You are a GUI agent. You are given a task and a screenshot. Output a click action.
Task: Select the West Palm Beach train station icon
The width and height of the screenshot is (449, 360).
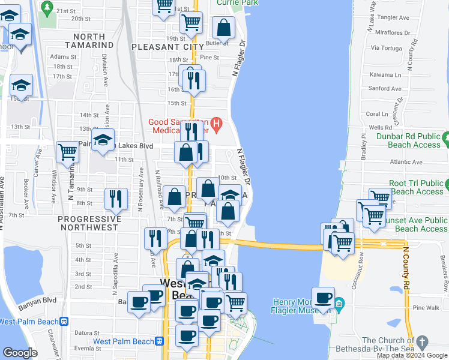(160, 341)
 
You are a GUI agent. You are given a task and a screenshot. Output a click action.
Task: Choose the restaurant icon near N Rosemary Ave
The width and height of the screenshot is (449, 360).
(115, 199)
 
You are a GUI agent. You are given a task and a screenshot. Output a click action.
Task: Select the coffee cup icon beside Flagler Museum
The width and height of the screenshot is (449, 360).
(323, 298)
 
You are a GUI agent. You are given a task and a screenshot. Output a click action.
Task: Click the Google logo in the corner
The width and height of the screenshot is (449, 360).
(20, 353)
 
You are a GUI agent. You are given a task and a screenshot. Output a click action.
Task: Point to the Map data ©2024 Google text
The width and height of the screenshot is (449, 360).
(412, 355)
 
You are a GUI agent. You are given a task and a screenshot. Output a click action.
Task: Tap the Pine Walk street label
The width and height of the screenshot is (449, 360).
(427, 307)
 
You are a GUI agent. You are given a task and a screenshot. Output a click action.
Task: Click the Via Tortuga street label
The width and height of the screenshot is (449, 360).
(386, 47)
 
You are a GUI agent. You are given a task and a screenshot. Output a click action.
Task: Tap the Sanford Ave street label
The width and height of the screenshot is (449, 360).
(384, 88)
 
